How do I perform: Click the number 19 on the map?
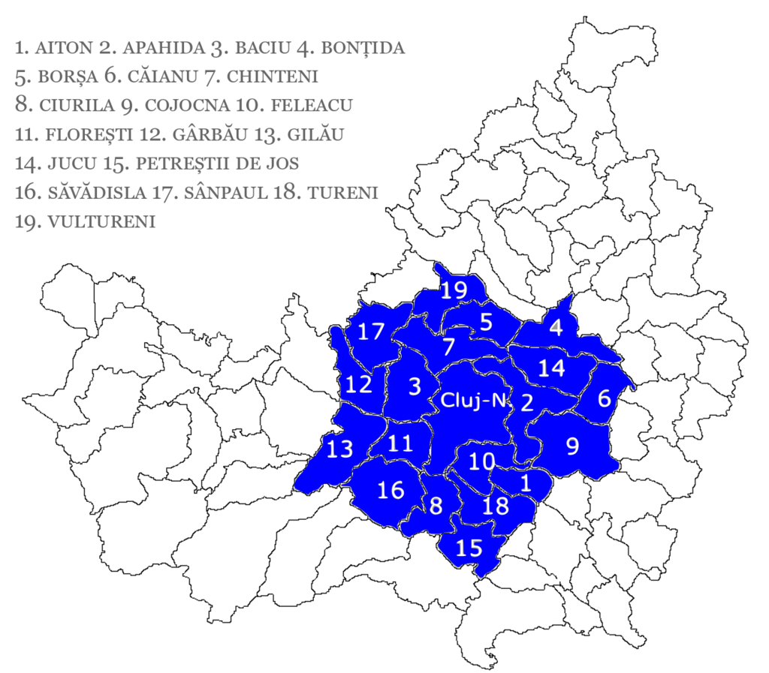point(454,290)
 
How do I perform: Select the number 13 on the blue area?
point(339,449)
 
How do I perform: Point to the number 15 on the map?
point(469,548)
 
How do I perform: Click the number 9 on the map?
point(572,446)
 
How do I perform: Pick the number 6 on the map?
point(604,398)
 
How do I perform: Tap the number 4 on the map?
point(555,327)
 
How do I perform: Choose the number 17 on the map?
point(371,331)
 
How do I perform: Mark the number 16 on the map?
point(391,490)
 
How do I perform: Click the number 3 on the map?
point(415,386)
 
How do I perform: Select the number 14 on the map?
point(551,368)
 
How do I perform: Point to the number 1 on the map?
point(526,483)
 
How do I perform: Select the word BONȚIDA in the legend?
point(363,48)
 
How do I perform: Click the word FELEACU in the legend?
point(312,105)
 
